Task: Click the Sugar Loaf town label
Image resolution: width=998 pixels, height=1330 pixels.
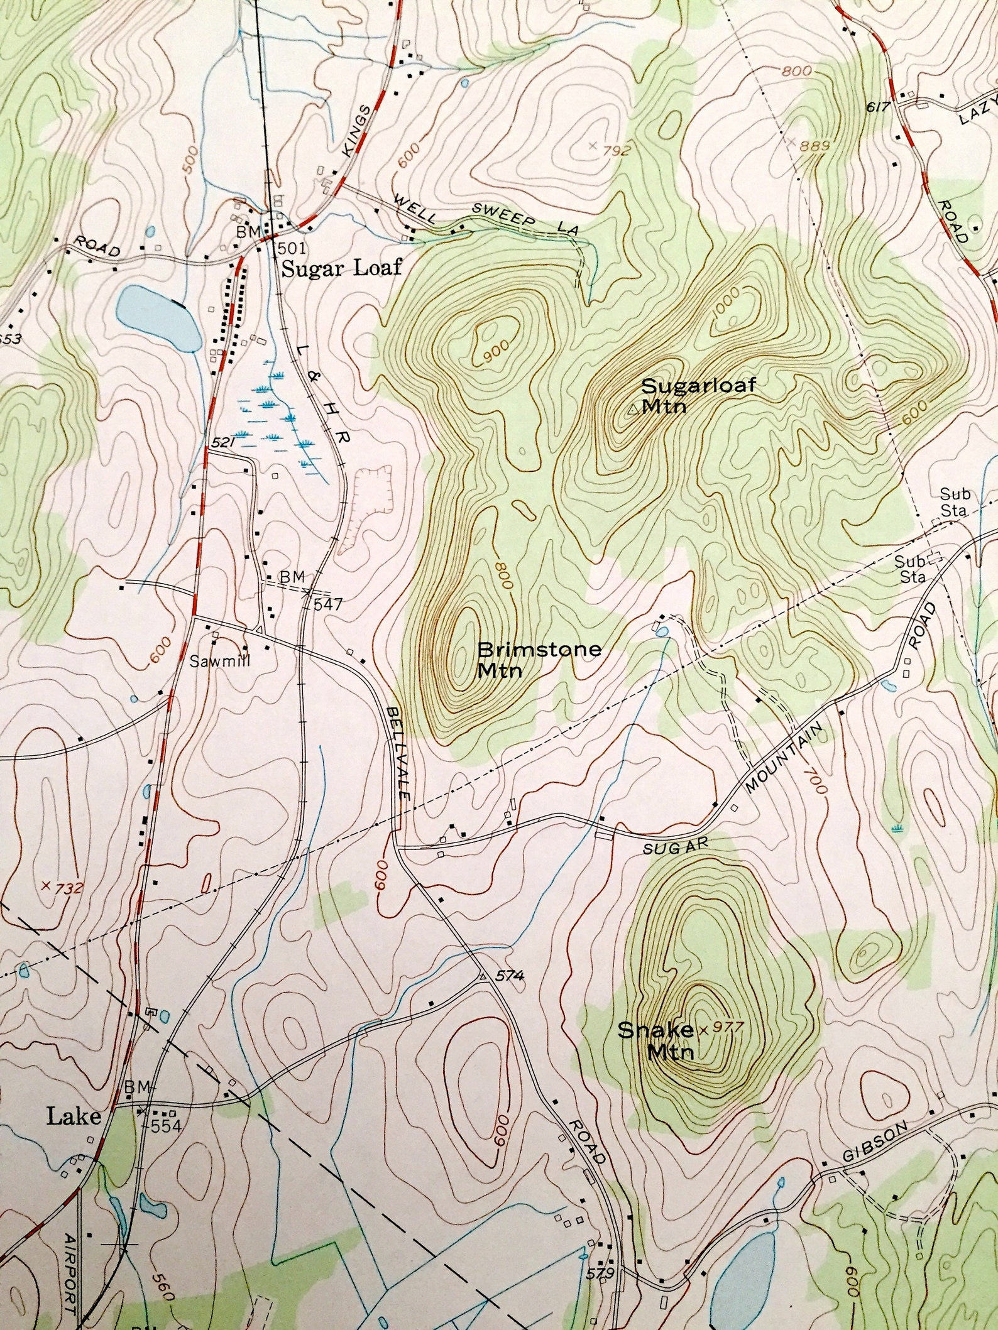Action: (341, 269)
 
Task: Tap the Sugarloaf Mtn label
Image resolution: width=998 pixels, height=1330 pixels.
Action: (698, 395)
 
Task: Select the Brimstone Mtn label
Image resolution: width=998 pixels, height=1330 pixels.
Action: (539, 659)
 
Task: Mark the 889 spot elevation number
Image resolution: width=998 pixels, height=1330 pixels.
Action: (816, 146)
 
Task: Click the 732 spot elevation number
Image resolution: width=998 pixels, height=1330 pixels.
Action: (69, 888)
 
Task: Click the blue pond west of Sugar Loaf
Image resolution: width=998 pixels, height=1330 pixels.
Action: (157, 318)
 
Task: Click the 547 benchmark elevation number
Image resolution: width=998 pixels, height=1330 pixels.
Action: (327, 604)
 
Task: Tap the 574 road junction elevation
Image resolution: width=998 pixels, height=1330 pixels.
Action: (509, 976)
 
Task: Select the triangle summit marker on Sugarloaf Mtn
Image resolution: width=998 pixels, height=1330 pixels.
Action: (633, 410)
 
